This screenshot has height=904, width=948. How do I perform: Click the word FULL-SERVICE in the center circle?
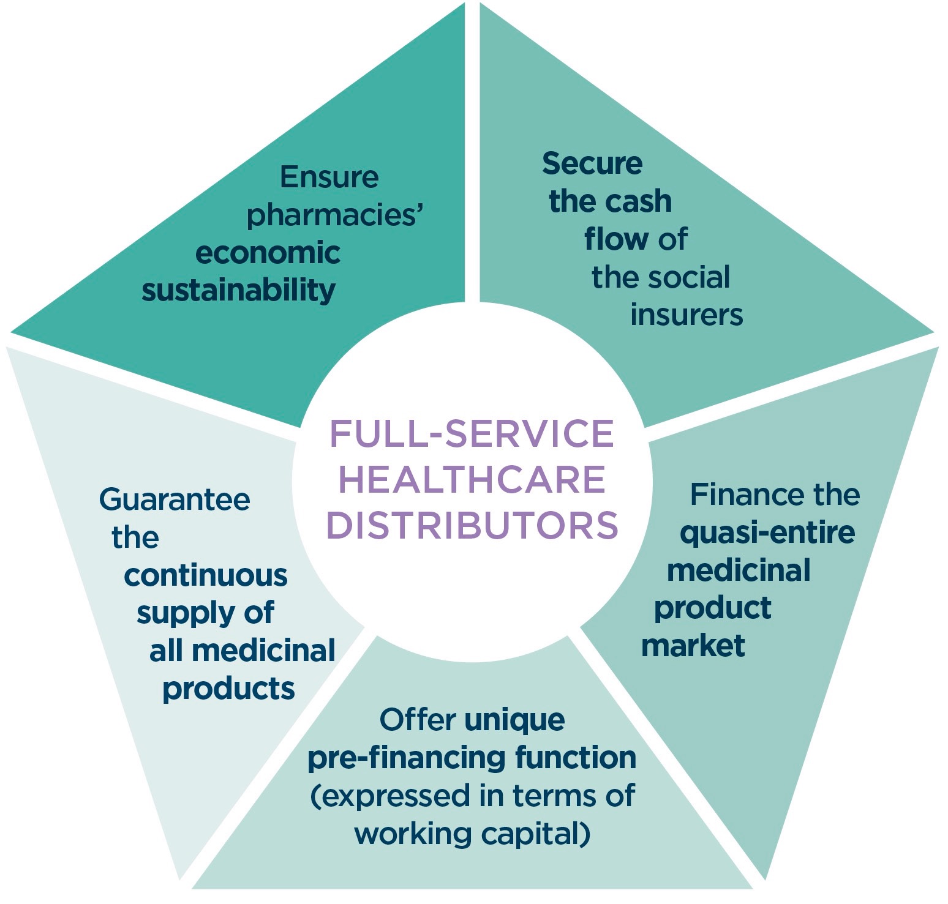pyautogui.click(x=472, y=434)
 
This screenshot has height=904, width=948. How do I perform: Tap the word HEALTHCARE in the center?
pyautogui.click(x=472, y=479)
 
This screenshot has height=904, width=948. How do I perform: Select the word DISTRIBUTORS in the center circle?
pyautogui.click(x=472, y=525)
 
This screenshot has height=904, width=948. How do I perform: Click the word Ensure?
pyautogui.click(x=329, y=177)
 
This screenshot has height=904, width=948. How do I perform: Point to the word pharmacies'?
pyautogui.click(x=335, y=215)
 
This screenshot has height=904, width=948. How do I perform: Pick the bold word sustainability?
pyautogui.click(x=238, y=290)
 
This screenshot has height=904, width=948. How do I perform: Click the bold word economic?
pyautogui.click(x=268, y=253)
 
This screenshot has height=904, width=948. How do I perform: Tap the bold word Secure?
pyautogui.click(x=592, y=163)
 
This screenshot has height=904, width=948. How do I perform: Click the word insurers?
pyautogui.click(x=687, y=315)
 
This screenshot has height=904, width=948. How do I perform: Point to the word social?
pyautogui.click(x=695, y=277)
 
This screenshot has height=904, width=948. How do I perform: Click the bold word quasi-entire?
pyautogui.click(x=767, y=532)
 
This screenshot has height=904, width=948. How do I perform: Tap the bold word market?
pyautogui.click(x=693, y=646)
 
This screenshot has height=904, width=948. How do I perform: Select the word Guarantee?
pyautogui.click(x=175, y=499)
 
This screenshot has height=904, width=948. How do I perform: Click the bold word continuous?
pyautogui.click(x=206, y=575)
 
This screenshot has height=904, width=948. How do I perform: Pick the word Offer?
pyautogui.click(x=418, y=720)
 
